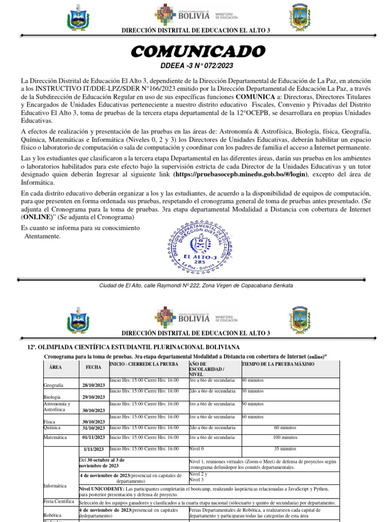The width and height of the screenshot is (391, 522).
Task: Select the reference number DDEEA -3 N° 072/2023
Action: tap(196, 66)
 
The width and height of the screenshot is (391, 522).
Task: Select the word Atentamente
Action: tap(42, 236)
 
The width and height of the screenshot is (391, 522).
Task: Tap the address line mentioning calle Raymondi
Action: tap(195, 285)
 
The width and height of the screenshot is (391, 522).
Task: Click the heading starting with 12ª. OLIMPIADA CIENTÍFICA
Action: tap(126, 347)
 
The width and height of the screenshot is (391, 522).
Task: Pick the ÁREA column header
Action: tap(55, 367)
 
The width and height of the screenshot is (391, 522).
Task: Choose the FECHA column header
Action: tap(93, 367)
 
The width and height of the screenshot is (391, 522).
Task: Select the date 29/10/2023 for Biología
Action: tap(93, 397)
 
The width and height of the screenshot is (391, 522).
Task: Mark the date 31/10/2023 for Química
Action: tap(93, 428)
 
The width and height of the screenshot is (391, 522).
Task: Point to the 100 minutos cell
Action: tap(285, 437)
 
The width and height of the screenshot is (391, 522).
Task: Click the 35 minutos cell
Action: tap(285, 449)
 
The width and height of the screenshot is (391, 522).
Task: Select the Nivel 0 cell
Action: tap(197, 449)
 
